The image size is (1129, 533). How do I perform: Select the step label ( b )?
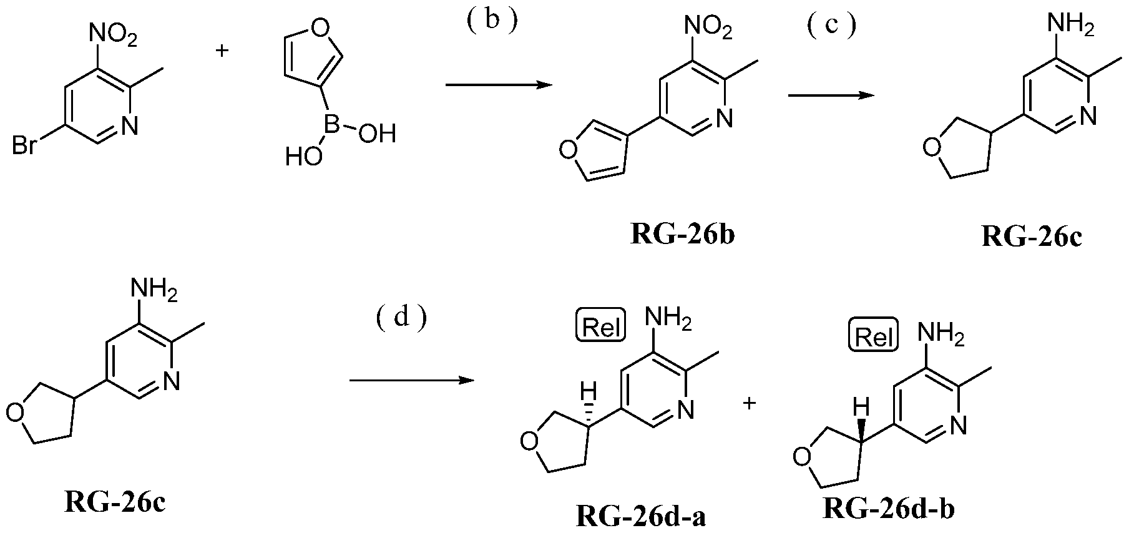coord(492,21)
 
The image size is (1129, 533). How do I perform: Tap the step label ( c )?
coord(831,27)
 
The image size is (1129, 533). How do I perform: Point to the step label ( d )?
coord(402,318)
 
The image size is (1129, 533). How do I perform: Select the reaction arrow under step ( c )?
coord(830,95)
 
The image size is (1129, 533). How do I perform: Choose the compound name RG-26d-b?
coord(889,508)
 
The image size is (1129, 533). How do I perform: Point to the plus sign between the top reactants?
coord(222,50)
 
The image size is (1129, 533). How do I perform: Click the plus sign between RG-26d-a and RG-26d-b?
coord(750,403)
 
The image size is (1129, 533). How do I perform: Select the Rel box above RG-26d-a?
coord(600,328)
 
